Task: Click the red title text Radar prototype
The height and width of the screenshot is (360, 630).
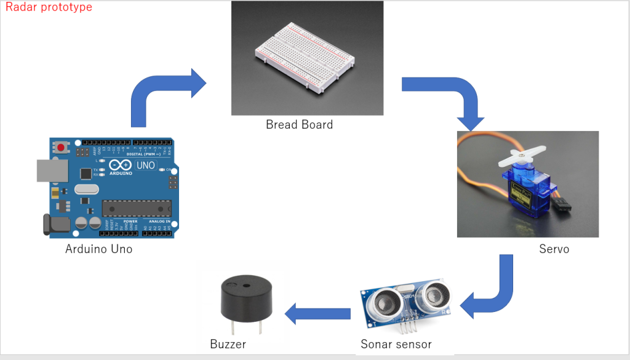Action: pyautogui.click(x=49, y=7)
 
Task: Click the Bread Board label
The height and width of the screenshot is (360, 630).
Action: pyautogui.click(x=299, y=125)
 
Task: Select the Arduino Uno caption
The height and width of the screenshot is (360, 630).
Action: pyautogui.click(x=98, y=249)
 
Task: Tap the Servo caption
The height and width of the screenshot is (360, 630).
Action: pyautogui.click(x=554, y=249)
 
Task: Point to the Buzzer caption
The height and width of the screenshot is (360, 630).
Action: pyautogui.click(x=228, y=344)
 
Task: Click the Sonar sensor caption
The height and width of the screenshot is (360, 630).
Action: pyautogui.click(x=396, y=344)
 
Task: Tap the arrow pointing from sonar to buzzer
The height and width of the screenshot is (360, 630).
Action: pyautogui.click(x=317, y=314)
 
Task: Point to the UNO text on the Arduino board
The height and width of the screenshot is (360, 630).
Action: pyautogui.click(x=145, y=166)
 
